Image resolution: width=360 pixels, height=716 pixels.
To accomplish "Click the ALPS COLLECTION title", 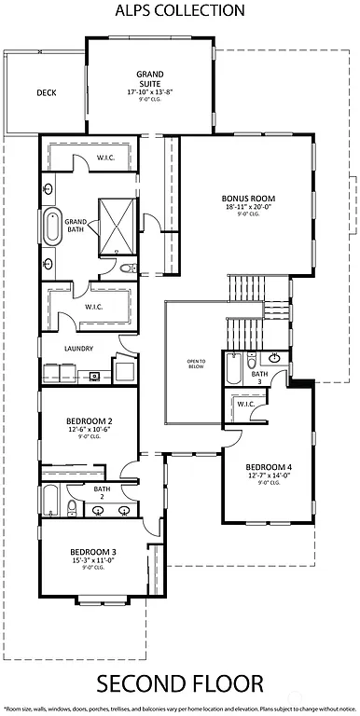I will tap(179, 11).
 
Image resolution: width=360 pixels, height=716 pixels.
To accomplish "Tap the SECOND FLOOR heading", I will tap(179, 685).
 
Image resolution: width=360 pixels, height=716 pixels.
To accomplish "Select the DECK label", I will tap(47, 93).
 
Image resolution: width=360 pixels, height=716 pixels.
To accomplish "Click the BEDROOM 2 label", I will tap(90, 420).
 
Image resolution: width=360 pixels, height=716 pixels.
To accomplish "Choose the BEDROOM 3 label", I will tap(92, 552).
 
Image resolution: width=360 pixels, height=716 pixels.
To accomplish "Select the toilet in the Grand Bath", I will tap(130, 268).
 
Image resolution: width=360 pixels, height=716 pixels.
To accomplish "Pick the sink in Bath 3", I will tap(275, 358).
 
